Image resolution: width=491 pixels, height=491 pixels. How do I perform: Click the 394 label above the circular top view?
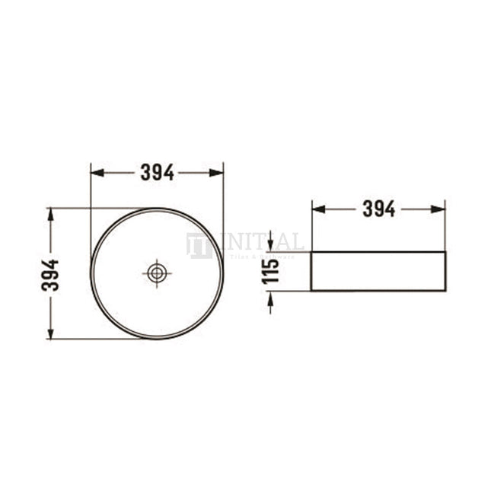click(x=157, y=173)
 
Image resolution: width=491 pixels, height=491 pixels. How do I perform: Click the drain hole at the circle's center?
click(x=157, y=273)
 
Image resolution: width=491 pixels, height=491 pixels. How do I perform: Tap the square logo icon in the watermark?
click(x=199, y=246)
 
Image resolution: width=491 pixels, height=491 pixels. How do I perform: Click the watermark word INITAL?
click(x=259, y=243)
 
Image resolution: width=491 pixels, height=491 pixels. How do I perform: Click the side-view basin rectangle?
click(x=378, y=271)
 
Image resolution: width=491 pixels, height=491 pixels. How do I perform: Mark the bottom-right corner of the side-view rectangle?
click(x=445, y=290)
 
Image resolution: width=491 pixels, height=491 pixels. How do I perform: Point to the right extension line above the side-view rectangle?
click(x=445, y=225)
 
